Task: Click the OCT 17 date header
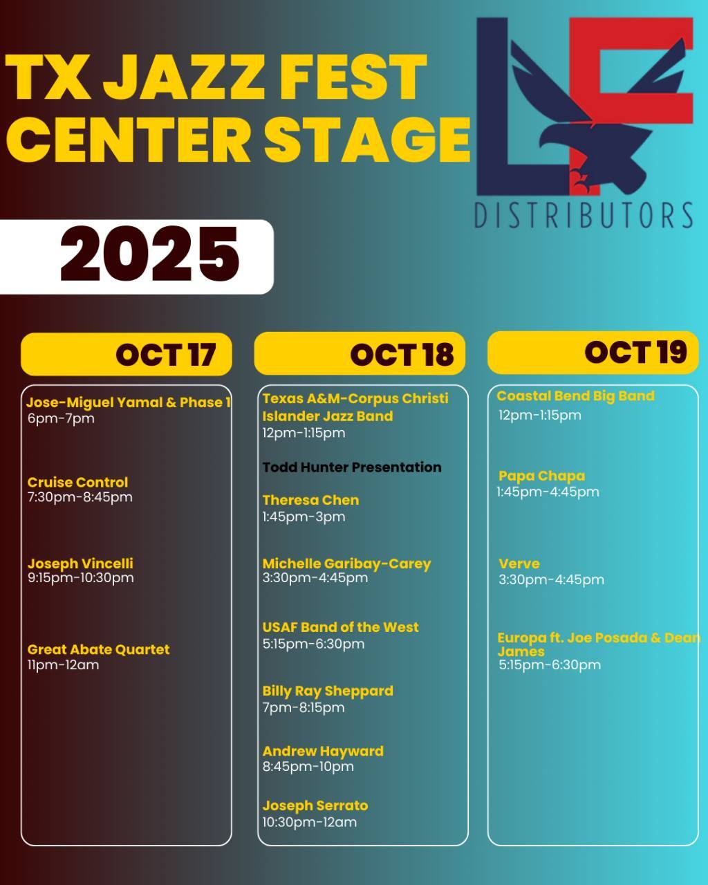tap(166, 355)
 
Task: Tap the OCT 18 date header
tap(402, 355)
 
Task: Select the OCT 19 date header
tap(635, 353)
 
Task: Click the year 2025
tap(150, 254)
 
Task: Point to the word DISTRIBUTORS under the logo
tap(584, 215)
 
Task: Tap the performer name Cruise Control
tap(77, 482)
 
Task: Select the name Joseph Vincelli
tap(80, 563)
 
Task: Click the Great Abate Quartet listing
tap(98, 649)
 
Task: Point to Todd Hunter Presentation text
tap(352, 467)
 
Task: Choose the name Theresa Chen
tap(310, 500)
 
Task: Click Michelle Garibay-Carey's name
tap(347, 563)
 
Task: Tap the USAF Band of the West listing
tap(341, 627)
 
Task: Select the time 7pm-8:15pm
tap(304, 708)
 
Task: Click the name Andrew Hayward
tap(323, 752)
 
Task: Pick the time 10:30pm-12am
tap(309, 822)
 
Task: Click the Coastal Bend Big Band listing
tap(575, 395)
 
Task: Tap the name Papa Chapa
tap(541, 476)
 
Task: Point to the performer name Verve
tap(519, 563)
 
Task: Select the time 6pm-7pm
tap(61, 418)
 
